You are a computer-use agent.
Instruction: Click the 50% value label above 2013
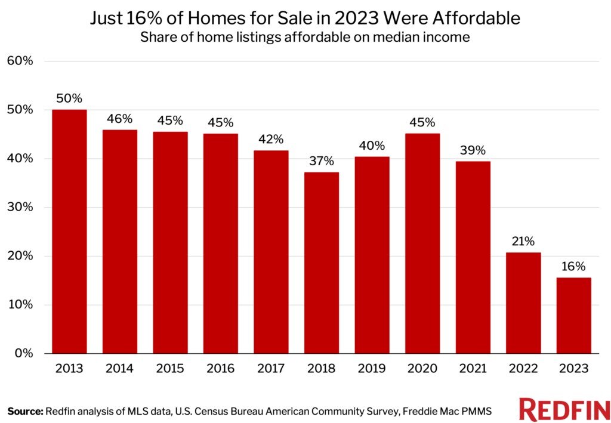coord(69,98)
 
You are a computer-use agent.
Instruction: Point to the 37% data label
coord(322,161)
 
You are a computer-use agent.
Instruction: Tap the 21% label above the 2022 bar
coord(523,241)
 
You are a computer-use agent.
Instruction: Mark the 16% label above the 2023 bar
coord(574,266)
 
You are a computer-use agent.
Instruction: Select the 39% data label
coord(473,150)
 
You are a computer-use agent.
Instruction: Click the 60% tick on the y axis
coord(20,61)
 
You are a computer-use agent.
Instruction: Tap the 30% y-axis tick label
coord(20,207)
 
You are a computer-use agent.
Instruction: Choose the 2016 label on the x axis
coord(221,369)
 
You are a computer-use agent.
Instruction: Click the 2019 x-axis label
coord(372,369)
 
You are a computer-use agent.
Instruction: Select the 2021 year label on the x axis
coord(473,369)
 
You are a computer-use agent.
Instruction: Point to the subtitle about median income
coord(305,37)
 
